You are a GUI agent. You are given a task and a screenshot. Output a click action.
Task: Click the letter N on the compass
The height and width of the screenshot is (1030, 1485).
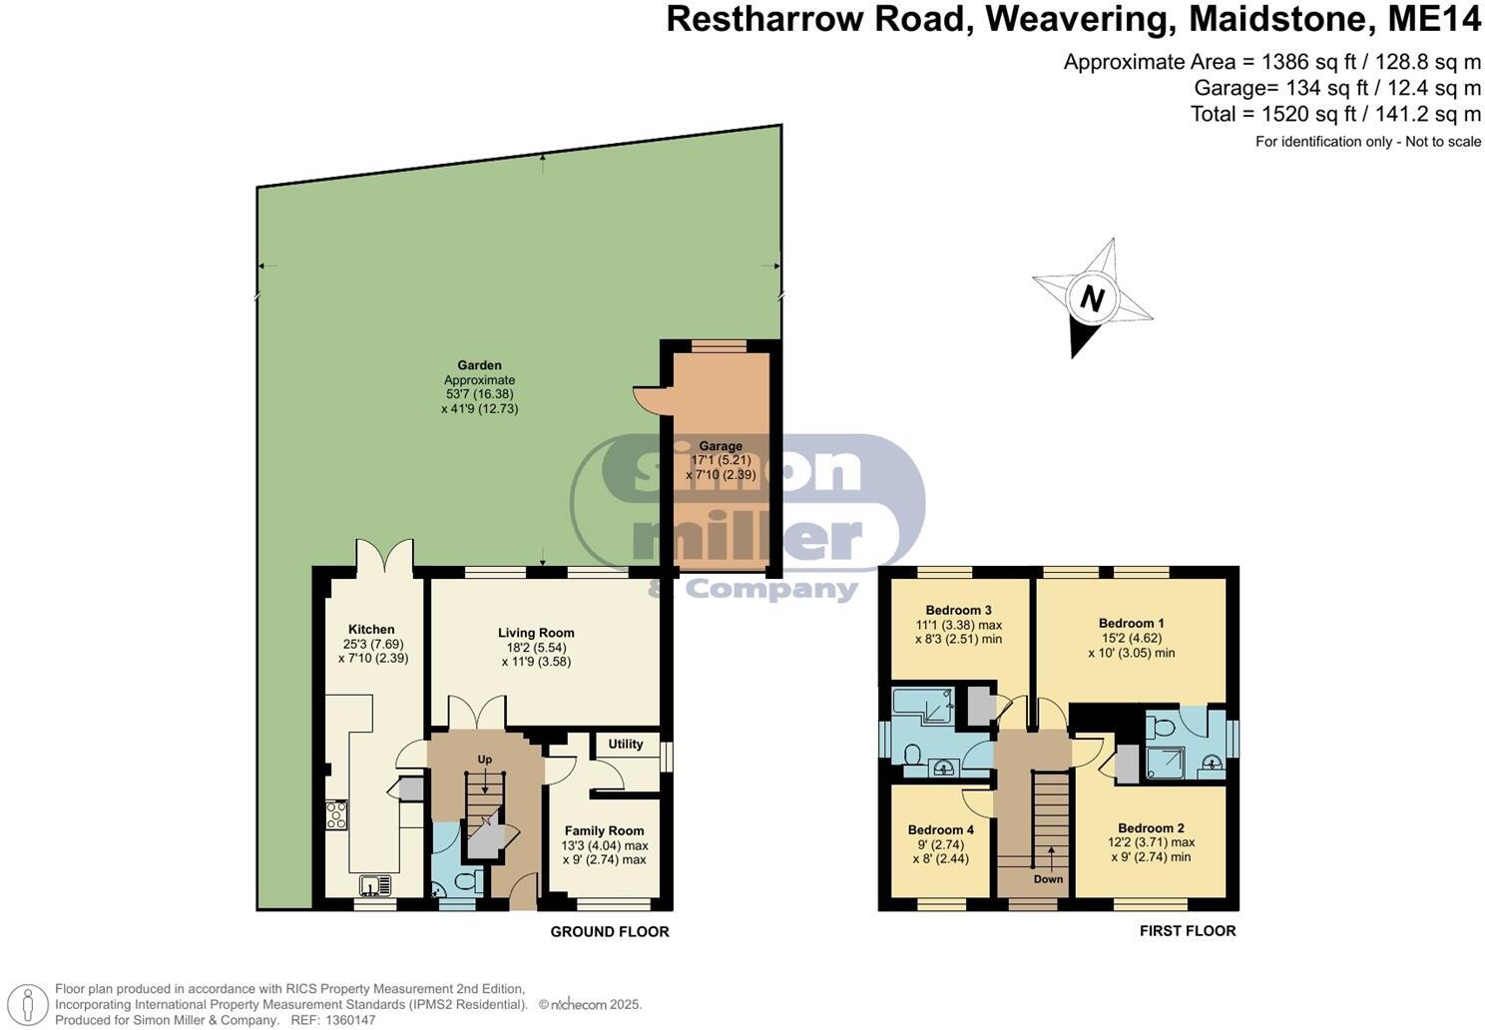tap(1093, 298)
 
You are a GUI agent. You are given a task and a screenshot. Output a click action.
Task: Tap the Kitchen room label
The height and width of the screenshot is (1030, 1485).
tap(371, 630)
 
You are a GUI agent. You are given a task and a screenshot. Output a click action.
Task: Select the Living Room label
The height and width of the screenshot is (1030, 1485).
tap(536, 633)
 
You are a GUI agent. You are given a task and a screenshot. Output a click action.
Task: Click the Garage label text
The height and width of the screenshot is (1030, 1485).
tap(720, 446)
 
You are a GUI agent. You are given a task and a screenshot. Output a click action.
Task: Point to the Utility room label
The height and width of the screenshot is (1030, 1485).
tap(626, 745)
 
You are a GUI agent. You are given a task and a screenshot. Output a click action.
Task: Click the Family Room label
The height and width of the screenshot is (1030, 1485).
tap(604, 830)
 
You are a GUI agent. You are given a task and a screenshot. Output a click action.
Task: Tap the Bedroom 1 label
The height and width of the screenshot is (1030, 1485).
tap(1131, 623)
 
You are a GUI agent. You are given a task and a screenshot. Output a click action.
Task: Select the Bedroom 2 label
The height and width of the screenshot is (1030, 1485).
tap(1151, 828)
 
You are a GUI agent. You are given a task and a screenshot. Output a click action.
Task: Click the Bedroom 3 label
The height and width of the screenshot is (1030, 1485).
tap(958, 610)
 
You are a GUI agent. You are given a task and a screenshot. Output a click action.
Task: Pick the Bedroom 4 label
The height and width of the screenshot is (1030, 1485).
tap(940, 830)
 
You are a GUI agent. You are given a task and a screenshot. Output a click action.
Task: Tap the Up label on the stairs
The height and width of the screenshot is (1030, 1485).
tap(485, 760)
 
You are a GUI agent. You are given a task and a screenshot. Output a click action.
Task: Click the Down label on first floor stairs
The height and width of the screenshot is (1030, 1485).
tap(1048, 879)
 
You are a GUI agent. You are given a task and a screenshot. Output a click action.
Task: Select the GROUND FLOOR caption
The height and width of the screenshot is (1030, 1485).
tap(610, 932)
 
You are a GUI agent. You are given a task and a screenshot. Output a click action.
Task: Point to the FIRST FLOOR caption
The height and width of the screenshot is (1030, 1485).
tap(1188, 931)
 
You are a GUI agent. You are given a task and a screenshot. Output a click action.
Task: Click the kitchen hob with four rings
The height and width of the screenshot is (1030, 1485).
tap(336, 815)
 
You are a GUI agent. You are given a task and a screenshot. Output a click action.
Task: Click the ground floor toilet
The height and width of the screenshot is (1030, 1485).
tap(466, 882)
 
